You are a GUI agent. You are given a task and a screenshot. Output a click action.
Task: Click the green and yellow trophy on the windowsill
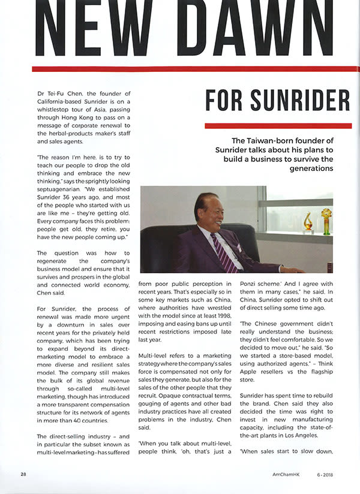[x=326, y=220]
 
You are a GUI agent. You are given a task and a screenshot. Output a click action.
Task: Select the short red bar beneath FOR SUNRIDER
[x=278, y=126]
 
